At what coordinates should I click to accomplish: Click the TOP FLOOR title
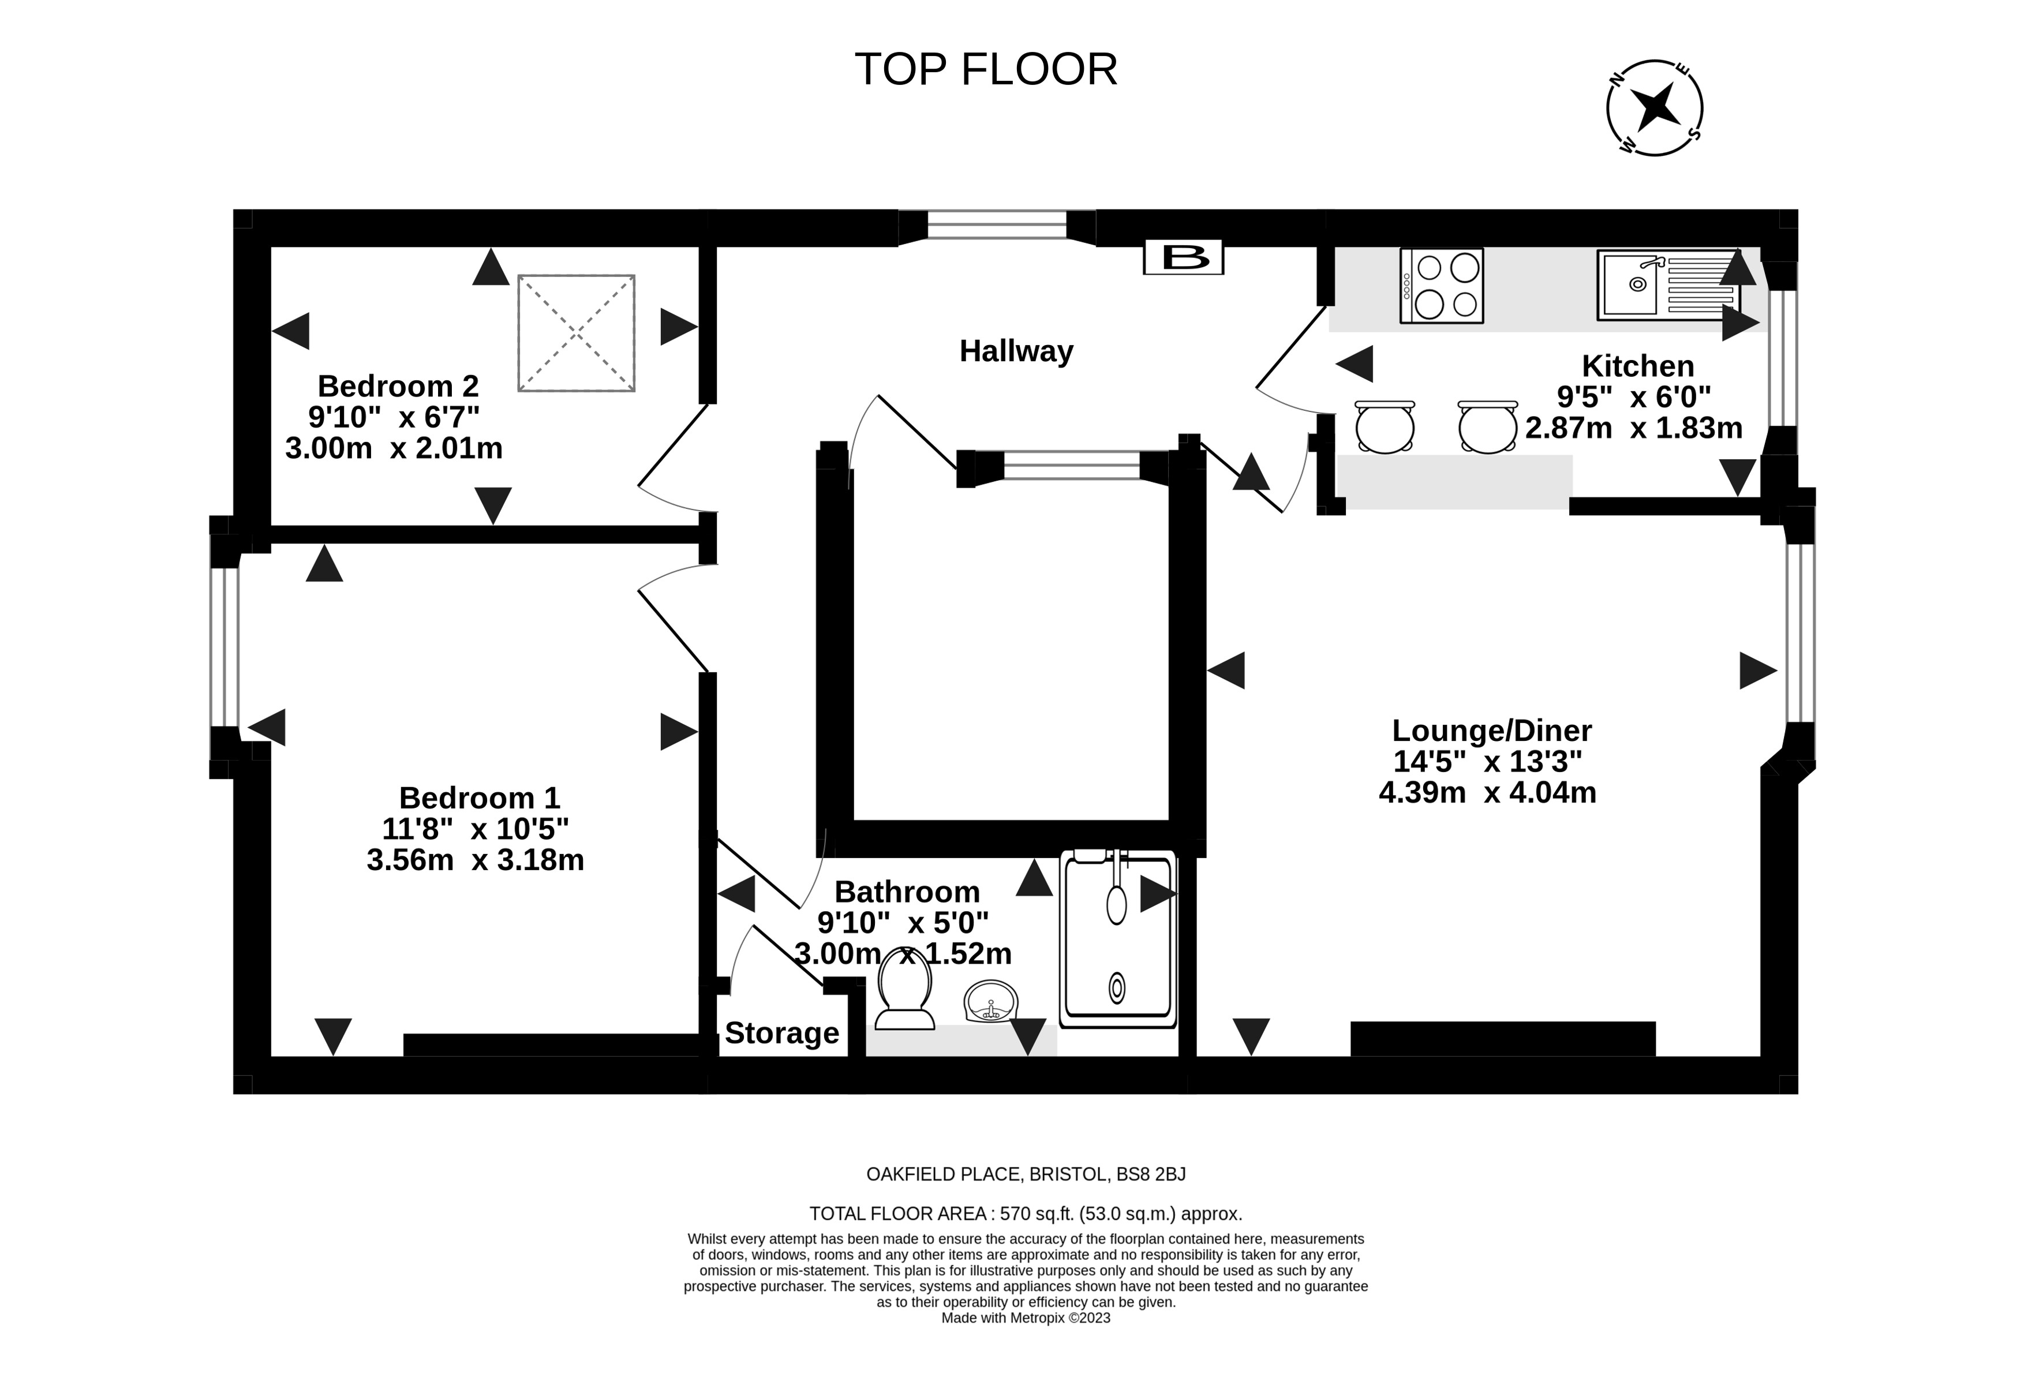click(x=985, y=70)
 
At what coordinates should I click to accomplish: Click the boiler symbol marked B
click(x=1184, y=257)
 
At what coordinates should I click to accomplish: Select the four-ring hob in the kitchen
click(x=1441, y=286)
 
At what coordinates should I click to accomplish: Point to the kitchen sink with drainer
click(x=1667, y=284)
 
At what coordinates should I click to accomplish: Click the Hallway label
click(x=1016, y=351)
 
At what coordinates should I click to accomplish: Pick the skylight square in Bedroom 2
click(x=576, y=332)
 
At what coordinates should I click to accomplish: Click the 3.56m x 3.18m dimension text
click(x=475, y=860)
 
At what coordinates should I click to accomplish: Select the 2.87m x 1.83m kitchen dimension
click(x=1634, y=428)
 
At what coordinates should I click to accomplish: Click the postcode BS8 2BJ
click(x=1151, y=1175)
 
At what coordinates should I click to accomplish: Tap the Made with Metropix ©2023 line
click(x=1026, y=1318)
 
